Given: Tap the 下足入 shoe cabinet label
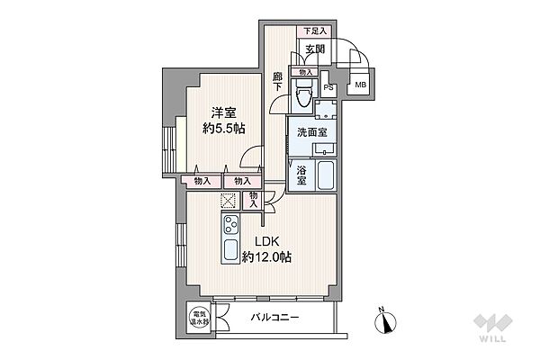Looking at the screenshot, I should coord(314,31).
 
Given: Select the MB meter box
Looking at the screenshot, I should coord(360,85).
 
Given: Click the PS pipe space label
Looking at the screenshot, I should coord(329,87).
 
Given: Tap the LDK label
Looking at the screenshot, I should coord(264,240).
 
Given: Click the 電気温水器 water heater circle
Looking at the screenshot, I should coord(199,319).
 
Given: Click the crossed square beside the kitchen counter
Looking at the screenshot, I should coord(228,202).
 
